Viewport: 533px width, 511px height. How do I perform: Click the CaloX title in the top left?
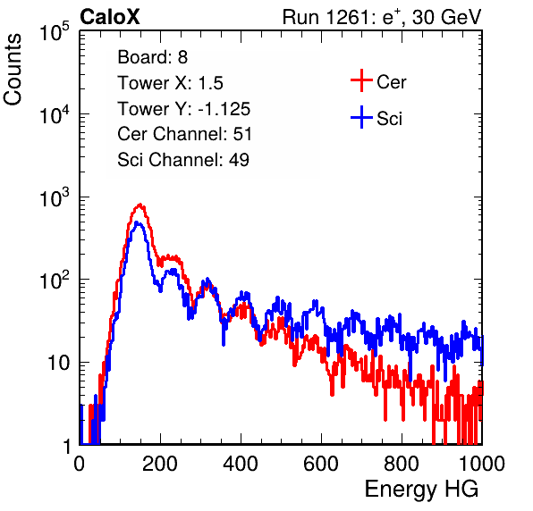(110, 17)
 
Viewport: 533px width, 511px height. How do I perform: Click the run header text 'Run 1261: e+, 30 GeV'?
(382, 17)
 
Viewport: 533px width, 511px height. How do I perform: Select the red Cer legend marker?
(361, 80)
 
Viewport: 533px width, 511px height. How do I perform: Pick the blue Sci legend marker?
(361, 118)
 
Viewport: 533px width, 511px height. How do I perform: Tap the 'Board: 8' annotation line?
(152, 57)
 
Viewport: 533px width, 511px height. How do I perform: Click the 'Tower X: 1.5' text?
(170, 83)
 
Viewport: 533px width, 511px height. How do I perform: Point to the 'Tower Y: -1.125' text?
(184, 109)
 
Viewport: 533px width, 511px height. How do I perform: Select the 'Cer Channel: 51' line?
(184, 134)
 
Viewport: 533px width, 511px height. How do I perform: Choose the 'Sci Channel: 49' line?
(183, 160)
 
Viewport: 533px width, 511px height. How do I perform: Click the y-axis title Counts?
(13, 70)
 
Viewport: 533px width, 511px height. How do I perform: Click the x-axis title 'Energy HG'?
(421, 490)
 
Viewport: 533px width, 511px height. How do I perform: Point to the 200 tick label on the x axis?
(160, 464)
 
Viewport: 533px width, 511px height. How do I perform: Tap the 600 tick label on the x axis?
(321, 464)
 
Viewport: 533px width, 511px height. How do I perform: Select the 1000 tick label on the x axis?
(482, 464)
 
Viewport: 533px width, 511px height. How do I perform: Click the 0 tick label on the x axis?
(80, 464)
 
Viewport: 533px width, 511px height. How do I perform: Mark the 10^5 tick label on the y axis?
(54, 31)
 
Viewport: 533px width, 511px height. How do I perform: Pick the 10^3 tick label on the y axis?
(54, 197)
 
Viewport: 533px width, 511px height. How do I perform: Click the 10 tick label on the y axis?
(59, 363)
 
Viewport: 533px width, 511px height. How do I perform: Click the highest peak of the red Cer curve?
(140, 205)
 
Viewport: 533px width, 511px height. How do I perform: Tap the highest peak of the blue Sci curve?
(137, 222)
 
